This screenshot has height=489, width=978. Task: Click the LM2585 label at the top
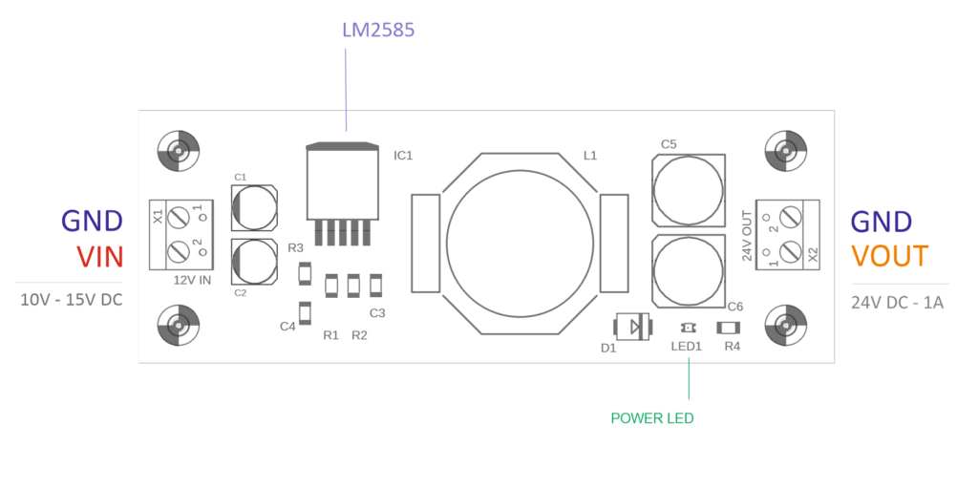378,30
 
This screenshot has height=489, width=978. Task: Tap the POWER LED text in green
652,418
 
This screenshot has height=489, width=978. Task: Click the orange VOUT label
889,256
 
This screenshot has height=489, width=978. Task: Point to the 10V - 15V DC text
72,300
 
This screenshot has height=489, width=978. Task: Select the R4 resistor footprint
729,328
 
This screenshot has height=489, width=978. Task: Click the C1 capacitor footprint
254,207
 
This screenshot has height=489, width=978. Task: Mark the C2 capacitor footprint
254,262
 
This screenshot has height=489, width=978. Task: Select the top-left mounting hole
178,150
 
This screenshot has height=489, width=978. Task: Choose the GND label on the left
92,221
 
